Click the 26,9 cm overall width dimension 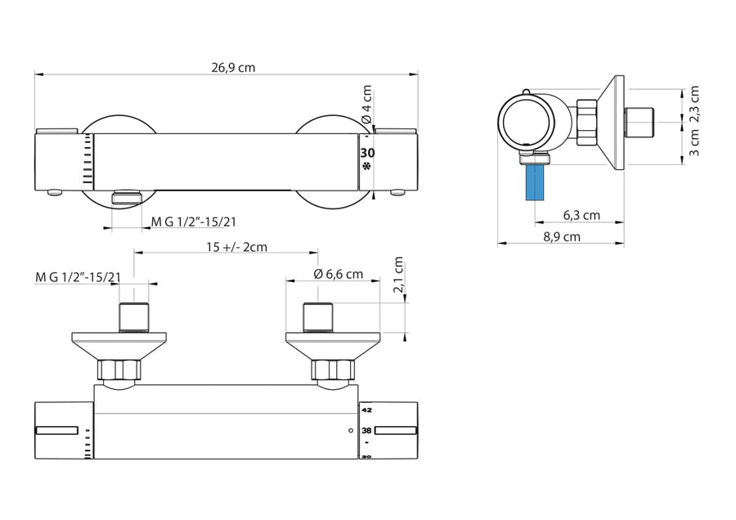point(233,68)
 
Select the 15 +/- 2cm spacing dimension point(236,247)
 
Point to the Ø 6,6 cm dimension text point(338,274)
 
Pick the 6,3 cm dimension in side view point(581,216)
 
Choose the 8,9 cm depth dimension point(561,236)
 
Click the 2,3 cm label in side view point(694,104)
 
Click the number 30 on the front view point(367,153)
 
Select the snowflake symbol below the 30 point(367,167)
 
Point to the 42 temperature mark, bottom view point(366,410)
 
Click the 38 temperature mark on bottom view point(366,430)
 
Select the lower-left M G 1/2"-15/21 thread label point(78,276)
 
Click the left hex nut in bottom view point(119,370)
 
